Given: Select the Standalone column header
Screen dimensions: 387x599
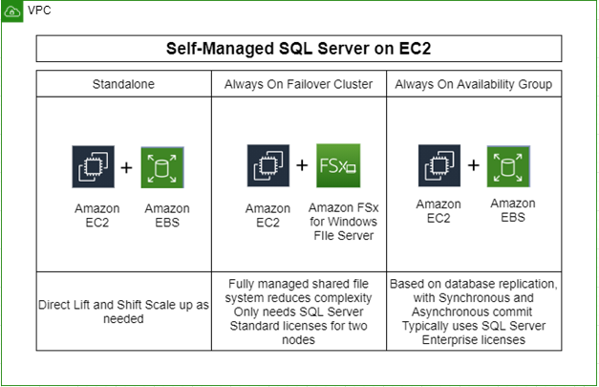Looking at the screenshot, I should click(124, 84).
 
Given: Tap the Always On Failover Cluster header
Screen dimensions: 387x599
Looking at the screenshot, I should click(299, 84).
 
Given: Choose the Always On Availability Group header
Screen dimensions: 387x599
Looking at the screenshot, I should click(473, 84).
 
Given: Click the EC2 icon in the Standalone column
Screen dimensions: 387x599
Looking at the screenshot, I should click(92, 166).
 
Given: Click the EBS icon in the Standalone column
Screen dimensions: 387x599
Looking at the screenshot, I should click(160, 166).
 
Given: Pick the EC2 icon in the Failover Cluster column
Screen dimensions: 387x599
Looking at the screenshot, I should click(267, 165).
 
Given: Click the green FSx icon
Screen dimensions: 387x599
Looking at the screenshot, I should click(336, 165).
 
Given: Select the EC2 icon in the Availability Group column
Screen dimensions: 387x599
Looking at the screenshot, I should click(439, 165).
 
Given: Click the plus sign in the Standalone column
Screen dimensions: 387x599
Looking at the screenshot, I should click(126, 166).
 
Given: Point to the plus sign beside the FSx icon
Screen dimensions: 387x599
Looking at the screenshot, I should click(302, 165).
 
